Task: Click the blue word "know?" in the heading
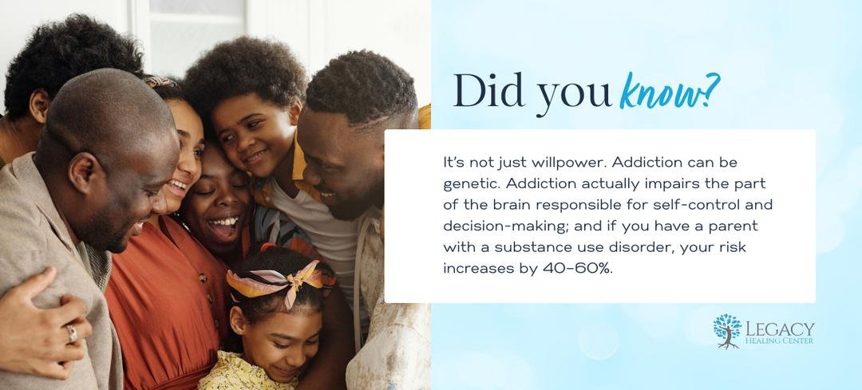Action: (x=669, y=92)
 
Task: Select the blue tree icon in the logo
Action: (x=727, y=331)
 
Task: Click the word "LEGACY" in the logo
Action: (x=780, y=329)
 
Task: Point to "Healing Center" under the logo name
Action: (x=780, y=341)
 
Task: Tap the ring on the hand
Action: (x=72, y=333)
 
